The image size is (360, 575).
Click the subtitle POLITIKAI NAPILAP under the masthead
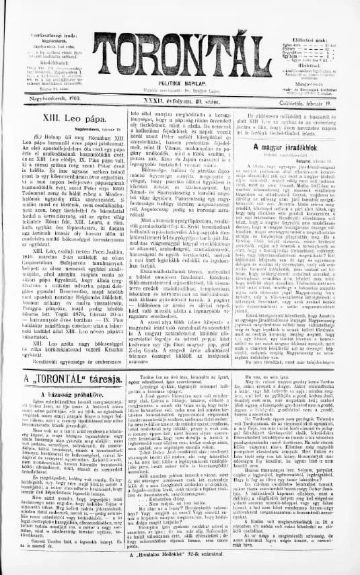180,82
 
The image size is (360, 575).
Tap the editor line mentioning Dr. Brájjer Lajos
180,89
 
